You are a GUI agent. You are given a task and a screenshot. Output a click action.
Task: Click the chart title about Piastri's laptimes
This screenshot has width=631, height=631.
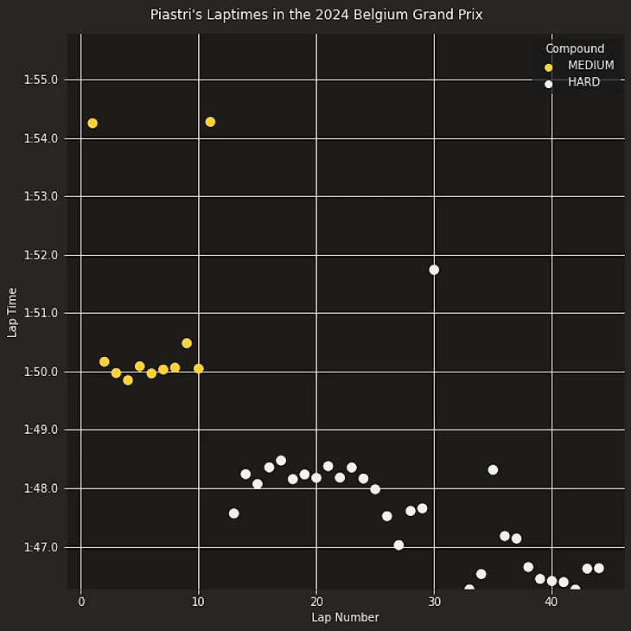point(315,15)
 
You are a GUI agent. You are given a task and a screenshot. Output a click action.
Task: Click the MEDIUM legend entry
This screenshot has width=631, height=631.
point(590,66)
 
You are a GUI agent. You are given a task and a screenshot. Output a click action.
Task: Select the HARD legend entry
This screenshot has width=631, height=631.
point(583,83)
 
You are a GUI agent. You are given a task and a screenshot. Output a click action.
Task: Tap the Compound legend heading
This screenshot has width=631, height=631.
point(575,48)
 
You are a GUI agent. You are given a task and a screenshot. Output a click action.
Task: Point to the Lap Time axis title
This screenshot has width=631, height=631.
point(12,312)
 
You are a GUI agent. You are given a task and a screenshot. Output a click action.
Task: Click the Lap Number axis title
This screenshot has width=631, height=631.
point(345,617)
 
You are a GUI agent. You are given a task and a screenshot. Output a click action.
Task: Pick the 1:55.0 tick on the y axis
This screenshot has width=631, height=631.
point(41,80)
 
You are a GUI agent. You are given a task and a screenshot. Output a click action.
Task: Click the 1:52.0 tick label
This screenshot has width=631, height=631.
point(41,255)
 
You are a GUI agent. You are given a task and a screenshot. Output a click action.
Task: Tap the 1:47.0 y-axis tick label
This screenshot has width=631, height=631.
point(41,547)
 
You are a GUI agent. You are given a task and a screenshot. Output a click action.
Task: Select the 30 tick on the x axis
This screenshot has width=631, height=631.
point(434,602)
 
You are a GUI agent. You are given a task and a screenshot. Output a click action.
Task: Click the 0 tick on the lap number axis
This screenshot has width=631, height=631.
point(81,602)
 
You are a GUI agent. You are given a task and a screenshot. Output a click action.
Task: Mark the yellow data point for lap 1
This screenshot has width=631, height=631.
point(92,124)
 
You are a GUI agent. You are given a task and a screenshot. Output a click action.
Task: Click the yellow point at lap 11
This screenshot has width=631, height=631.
point(210,122)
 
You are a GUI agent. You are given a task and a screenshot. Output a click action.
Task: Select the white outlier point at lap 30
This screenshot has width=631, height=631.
point(434,270)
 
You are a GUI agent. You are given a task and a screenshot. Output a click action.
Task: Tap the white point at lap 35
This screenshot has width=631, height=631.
point(493,470)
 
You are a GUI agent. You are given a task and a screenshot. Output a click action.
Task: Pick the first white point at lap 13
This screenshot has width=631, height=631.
point(233,513)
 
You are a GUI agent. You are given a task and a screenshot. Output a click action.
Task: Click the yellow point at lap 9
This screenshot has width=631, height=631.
point(187,343)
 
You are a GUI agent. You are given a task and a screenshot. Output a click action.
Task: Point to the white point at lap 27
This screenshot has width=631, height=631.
point(398,545)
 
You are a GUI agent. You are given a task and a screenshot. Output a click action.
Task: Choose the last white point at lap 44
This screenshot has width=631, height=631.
point(598,568)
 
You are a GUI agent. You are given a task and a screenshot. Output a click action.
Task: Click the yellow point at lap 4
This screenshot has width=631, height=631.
point(128,380)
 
